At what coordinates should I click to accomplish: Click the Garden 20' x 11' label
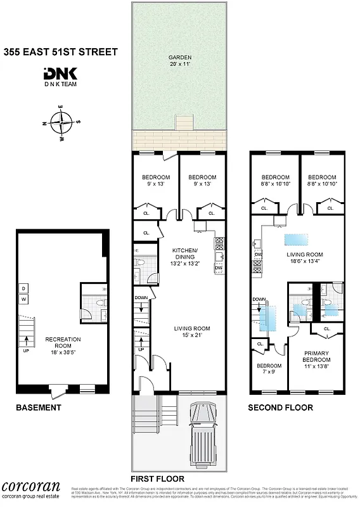pyautogui.click(x=179, y=60)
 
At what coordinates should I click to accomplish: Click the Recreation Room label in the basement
pyautogui.click(x=63, y=343)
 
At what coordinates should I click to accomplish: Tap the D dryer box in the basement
pyautogui.click(x=23, y=288)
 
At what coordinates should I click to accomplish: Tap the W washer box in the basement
pyautogui.click(x=23, y=298)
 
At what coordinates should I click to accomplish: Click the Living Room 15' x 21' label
pyautogui.click(x=193, y=331)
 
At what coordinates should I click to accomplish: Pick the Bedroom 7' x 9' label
pyautogui.click(x=269, y=369)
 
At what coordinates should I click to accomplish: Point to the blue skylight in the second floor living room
pyautogui.click(x=297, y=240)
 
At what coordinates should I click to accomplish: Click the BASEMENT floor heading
pyautogui.click(x=39, y=408)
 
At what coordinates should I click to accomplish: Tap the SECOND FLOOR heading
pyautogui.click(x=280, y=408)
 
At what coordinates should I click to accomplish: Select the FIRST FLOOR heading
pyautogui.click(x=157, y=478)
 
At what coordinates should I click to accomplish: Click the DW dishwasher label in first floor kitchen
pyautogui.click(x=219, y=267)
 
